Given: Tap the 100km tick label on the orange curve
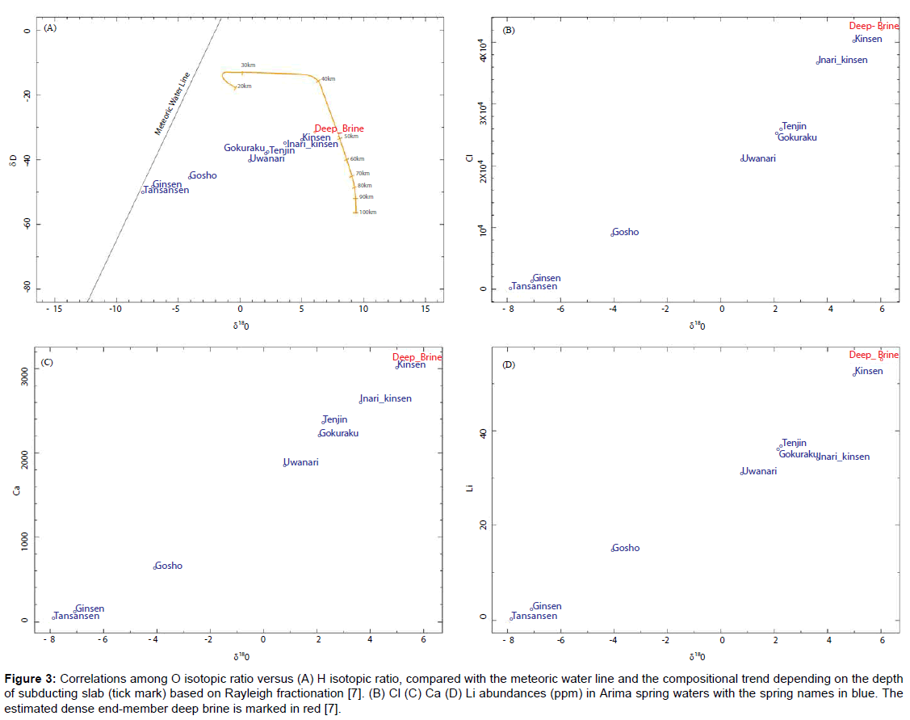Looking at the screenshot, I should coord(368,213).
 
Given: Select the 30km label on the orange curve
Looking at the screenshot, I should coord(248,65).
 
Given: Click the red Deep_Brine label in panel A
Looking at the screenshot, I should coord(339,128).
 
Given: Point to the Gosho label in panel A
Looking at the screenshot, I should coord(203,175).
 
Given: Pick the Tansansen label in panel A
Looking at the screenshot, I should coord(166,190).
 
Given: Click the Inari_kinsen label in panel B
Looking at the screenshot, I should coord(843,60).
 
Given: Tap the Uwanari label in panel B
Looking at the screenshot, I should coord(759,158).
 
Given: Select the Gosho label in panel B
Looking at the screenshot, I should coord(626,232).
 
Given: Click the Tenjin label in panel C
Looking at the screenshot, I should coord(335,419).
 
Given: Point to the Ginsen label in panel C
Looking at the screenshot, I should coord(90,608).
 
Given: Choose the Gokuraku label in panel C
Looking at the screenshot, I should coord(339,433).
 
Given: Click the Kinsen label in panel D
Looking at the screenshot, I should coord(869,371).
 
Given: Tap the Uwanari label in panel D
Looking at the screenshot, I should coord(759,471).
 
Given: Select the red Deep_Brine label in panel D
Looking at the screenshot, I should coord(874,355).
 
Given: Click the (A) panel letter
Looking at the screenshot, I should coord(50,27).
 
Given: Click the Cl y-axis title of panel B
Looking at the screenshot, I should coord(469,158).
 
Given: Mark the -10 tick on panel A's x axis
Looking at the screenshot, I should coord(115,309).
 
